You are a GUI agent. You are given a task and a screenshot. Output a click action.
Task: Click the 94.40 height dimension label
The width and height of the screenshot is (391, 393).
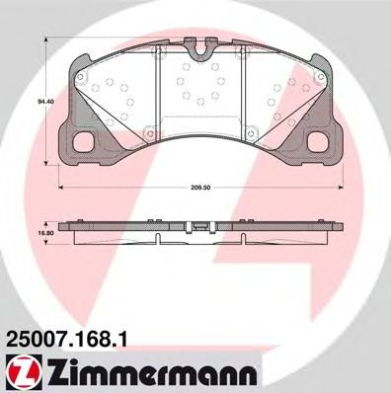click(x=42, y=101)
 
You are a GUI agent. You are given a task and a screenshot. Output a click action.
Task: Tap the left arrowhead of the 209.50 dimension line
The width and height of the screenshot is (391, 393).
click(x=61, y=188)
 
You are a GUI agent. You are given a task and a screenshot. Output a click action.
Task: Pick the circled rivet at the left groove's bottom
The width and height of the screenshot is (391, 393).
click(x=158, y=127)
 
